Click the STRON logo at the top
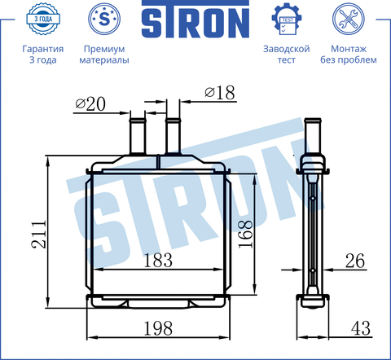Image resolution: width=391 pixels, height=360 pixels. tap(195, 19)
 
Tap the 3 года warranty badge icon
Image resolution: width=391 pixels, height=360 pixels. tap(43, 19)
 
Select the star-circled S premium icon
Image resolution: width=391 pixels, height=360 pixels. tap(104, 19)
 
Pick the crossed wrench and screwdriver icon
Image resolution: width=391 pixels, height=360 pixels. tap(349, 19)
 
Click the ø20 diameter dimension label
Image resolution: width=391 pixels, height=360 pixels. tap(90, 104)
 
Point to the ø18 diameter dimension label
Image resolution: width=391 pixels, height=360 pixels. tap(219, 93)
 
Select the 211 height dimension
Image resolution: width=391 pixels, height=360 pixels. tap(39, 235)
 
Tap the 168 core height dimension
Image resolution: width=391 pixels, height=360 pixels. tap(245, 234)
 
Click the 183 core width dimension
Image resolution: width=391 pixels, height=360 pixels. tap(158, 261)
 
